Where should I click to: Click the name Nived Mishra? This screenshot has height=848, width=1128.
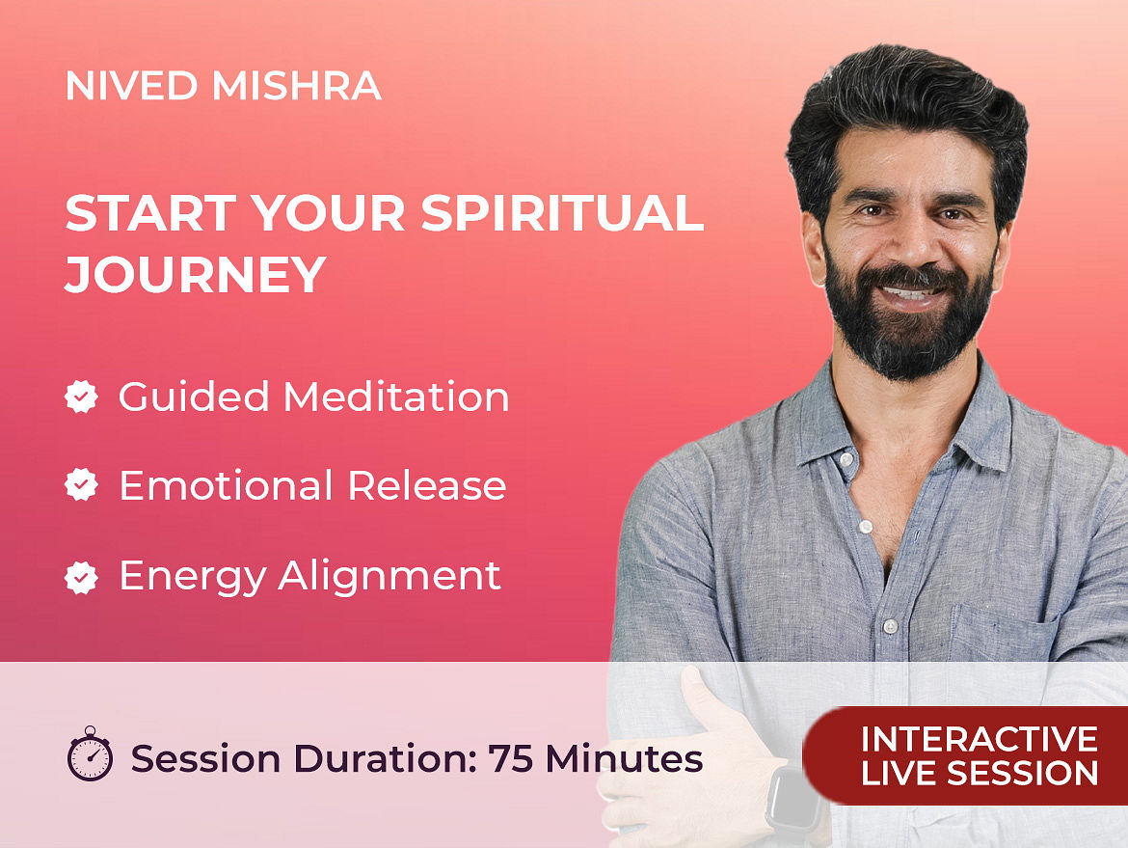223,86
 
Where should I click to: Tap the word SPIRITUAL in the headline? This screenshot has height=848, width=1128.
562,212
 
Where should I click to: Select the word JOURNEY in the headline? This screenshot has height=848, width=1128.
196,274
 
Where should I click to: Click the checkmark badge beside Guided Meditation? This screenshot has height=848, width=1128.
81,397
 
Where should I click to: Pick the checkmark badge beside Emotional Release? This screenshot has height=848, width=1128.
81,485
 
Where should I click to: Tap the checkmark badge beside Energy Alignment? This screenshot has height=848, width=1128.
81,577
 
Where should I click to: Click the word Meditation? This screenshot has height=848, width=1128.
396,397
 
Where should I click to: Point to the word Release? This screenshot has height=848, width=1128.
427,485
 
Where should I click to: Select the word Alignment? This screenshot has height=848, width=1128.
389,577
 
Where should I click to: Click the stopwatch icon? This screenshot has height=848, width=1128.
90,753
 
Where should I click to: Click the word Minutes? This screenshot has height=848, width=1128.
624,758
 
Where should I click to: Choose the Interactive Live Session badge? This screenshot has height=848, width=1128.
965,755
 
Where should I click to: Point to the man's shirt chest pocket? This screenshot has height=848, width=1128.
1004,634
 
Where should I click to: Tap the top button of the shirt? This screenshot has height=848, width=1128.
846,458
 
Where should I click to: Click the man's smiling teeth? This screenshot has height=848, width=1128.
911,293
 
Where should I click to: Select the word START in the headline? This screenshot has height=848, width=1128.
151,212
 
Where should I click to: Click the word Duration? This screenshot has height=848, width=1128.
385,758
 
